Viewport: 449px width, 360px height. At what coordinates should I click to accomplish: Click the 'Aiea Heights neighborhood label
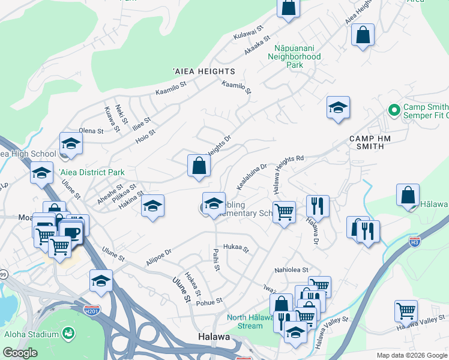[x=204, y=71]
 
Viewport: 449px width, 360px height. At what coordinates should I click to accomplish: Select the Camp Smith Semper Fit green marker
[x=394, y=110]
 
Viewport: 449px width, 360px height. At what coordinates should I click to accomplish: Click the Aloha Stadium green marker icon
[x=69, y=332]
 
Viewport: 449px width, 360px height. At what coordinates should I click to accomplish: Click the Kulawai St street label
[x=249, y=32]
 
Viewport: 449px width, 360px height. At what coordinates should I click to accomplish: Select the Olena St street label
[x=91, y=131]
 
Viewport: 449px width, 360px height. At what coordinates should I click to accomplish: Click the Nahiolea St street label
[x=291, y=271]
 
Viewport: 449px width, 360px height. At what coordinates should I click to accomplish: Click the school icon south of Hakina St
[x=153, y=206]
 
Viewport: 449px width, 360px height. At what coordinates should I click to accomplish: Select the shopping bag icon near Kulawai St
[x=288, y=8]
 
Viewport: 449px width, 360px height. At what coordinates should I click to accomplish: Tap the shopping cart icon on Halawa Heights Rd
[x=284, y=211]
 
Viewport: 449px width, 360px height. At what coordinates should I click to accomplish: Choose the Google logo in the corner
[x=20, y=353]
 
